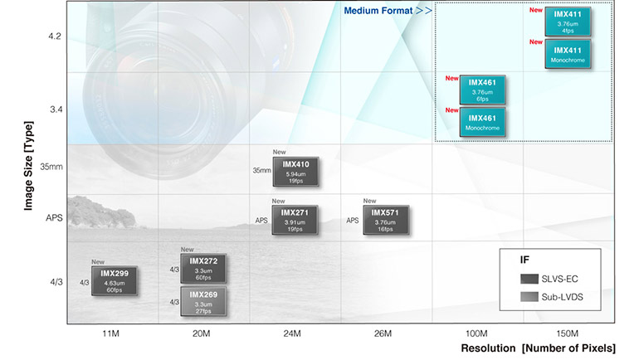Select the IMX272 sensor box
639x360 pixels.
point(203,269)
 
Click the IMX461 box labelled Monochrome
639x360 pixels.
point(482,123)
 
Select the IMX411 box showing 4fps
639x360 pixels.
point(567,21)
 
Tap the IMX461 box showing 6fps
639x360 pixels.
point(482,90)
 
